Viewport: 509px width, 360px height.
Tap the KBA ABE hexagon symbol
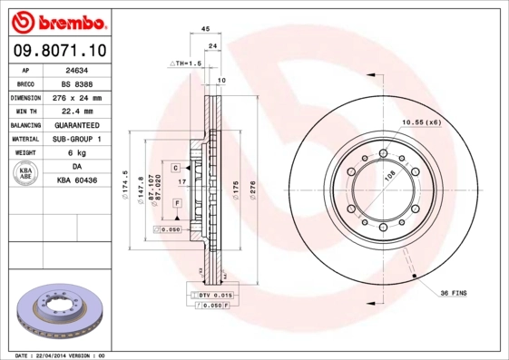point(26,174)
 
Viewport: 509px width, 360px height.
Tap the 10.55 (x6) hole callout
point(421,122)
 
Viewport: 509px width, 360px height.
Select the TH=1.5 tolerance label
point(185,63)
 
